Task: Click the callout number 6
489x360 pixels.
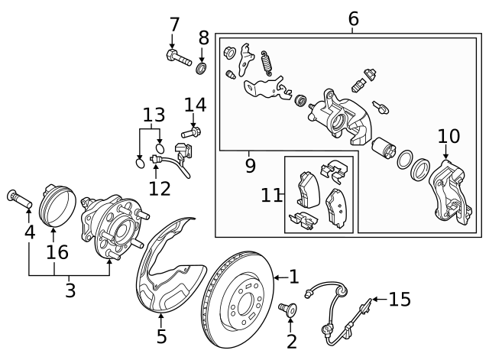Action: pyautogui.click(x=353, y=18)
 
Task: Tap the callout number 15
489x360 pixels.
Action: pyautogui.click(x=399, y=299)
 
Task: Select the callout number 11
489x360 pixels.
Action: pyautogui.click(x=271, y=196)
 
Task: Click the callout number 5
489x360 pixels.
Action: pyautogui.click(x=161, y=335)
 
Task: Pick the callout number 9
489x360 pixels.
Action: pyautogui.click(x=250, y=164)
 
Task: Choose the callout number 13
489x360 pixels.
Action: pyautogui.click(x=154, y=115)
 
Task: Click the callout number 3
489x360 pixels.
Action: pyautogui.click(x=70, y=290)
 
